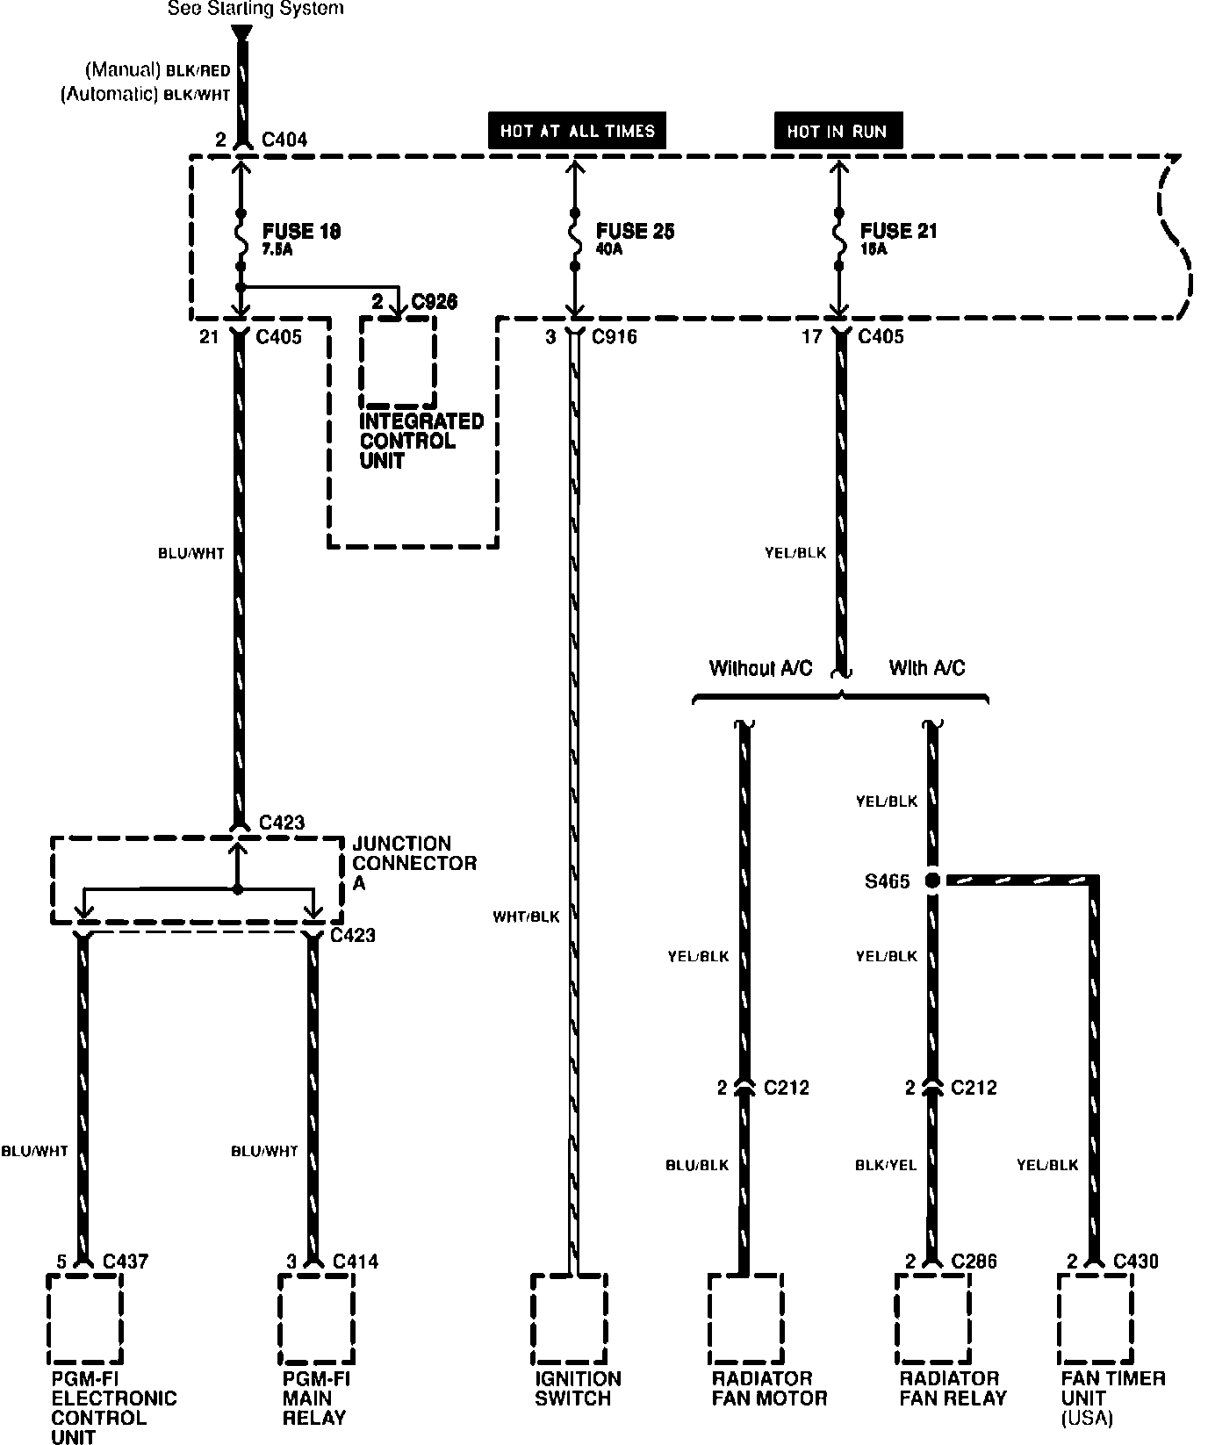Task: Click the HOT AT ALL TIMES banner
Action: tap(577, 131)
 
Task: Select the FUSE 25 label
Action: tap(636, 232)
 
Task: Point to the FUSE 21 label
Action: tap(899, 232)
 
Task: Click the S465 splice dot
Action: tap(932, 881)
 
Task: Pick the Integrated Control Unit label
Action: tap(421, 441)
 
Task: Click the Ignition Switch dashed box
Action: tap(569, 1317)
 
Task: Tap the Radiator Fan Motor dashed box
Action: tap(745, 1317)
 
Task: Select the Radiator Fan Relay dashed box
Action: tap(933, 1317)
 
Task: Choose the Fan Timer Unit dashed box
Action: tap(1095, 1317)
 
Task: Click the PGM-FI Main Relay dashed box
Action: tap(316, 1317)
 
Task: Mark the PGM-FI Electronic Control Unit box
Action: tap(84, 1317)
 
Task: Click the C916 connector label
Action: tap(615, 336)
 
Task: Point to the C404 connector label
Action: tap(284, 140)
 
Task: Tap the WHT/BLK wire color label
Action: tap(526, 917)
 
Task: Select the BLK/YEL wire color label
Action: tap(886, 1166)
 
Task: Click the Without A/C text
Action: tap(760, 669)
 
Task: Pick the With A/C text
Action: tap(927, 669)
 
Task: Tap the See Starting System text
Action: tap(255, 9)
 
